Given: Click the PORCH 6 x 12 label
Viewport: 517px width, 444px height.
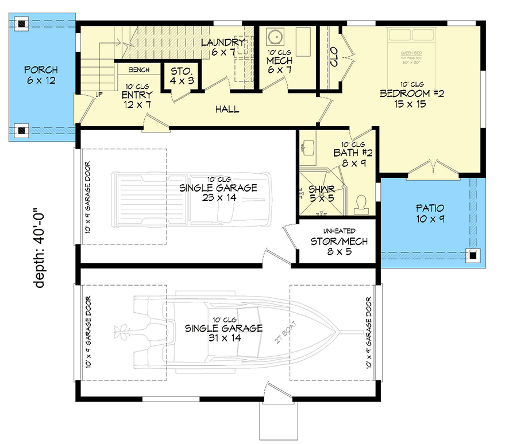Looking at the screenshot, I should [x=40, y=75].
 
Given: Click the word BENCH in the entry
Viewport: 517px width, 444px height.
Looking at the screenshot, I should [x=139, y=70].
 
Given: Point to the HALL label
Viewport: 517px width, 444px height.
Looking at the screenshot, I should [x=227, y=109].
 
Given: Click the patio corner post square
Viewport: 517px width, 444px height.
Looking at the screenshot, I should [x=473, y=256].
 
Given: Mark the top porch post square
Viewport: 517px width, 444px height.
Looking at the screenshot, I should [x=21, y=24].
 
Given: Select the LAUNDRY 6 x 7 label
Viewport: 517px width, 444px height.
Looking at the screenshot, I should [x=223, y=48].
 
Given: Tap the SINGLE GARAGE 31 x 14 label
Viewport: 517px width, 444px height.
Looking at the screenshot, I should [x=223, y=333].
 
